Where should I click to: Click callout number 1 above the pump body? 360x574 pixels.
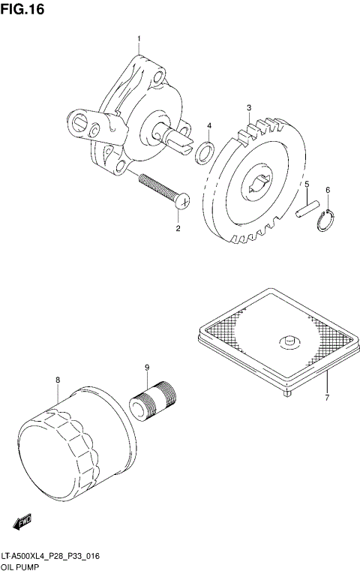coord(139,38)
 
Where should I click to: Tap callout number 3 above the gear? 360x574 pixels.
coord(249,108)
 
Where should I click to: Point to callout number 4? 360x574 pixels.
coord(209,125)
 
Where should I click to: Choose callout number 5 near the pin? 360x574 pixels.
coord(306,184)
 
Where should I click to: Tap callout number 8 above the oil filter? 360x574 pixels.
coord(57,380)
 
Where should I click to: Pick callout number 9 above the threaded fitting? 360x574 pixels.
coord(148,367)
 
